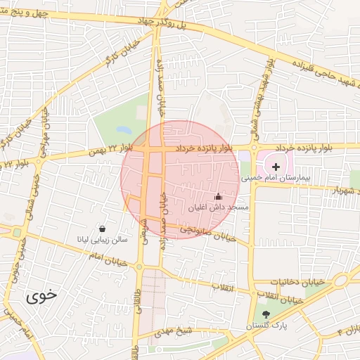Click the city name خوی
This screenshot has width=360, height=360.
(41, 296)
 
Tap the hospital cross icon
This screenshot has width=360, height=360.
(276, 167)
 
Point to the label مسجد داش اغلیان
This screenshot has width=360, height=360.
(218, 208)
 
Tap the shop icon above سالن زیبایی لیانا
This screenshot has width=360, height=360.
(103, 229)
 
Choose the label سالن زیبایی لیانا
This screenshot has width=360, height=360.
(103, 240)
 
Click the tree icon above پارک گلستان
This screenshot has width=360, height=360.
(265, 314)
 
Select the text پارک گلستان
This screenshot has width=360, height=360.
(265, 326)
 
